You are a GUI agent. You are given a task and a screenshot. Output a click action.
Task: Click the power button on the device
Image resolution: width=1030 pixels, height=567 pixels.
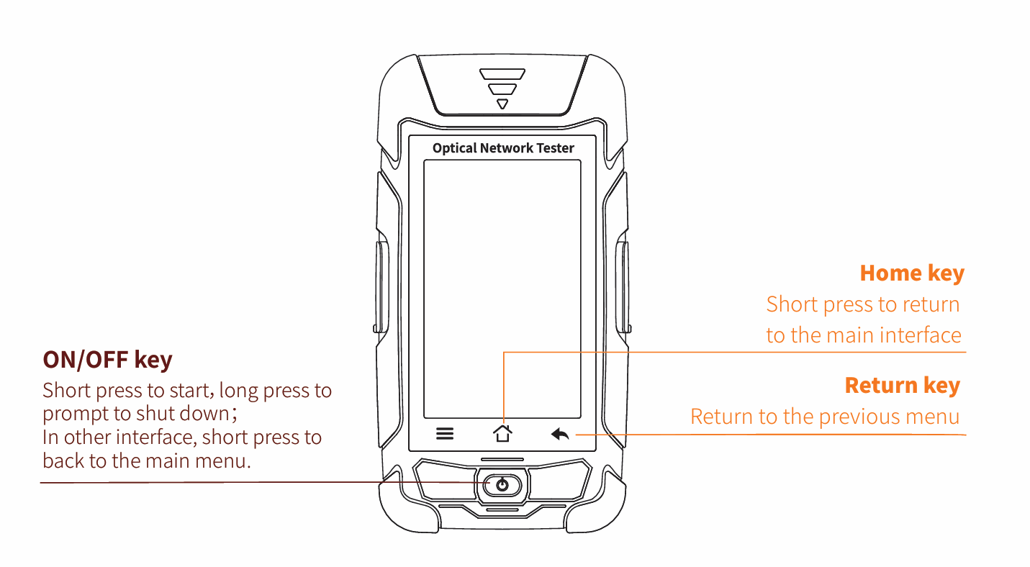(x=502, y=485)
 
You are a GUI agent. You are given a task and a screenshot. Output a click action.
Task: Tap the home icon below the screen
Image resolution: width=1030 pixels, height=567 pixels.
(x=502, y=433)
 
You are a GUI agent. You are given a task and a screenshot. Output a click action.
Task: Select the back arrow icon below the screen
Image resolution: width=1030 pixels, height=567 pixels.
(x=560, y=434)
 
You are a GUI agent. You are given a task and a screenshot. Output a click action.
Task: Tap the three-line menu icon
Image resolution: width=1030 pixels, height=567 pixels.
(x=445, y=434)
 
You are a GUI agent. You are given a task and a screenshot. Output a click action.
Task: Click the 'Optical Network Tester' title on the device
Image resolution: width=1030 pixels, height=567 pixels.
(x=503, y=148)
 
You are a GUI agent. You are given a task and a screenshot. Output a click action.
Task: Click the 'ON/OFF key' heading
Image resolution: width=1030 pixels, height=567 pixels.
(x=107, y=359)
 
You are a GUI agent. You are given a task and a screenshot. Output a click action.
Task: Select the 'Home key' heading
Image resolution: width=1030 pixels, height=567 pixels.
(x=911, y=273)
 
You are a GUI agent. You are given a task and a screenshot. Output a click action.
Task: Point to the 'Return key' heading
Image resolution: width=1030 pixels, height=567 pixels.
(x=902, y=386)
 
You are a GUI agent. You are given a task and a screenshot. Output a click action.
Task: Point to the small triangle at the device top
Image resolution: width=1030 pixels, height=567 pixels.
(x=502, y=104)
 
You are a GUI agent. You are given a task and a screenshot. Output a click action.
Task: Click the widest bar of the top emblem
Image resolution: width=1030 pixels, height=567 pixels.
(x=502, y=74)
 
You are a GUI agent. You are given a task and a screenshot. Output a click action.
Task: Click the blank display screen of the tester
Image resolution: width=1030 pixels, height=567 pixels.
(x=502, y=288)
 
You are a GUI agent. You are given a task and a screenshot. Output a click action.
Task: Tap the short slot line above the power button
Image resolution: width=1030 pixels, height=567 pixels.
(x=502, y=459)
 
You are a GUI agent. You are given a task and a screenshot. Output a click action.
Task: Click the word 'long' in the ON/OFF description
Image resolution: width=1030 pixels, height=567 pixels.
(x=238, y=391)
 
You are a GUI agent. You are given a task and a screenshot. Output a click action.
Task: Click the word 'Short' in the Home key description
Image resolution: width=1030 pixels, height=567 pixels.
(x=792, y=304)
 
